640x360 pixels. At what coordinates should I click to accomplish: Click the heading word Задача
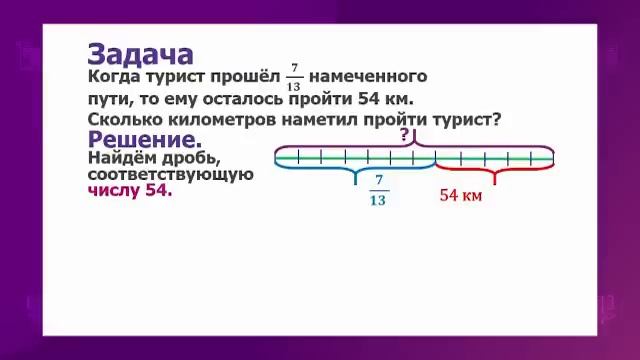click(x=141, y=54)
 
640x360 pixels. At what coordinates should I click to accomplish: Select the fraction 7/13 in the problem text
click(x=293, y=77)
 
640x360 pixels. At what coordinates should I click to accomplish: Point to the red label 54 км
click(x=461, y=196)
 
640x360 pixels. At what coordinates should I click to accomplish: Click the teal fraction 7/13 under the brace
click(x=377, y=190)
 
